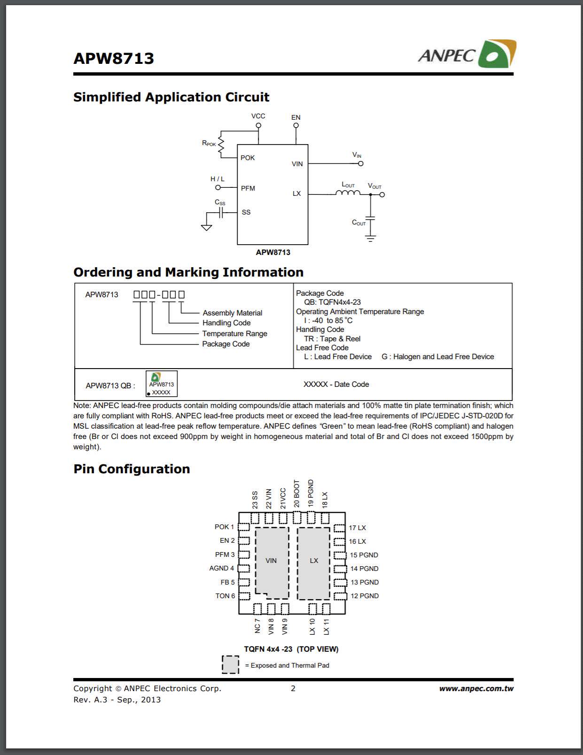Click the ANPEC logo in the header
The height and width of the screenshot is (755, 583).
pos(466,54)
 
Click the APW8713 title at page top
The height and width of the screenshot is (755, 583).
pos(114,58)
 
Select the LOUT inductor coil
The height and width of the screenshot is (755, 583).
pos(348,193)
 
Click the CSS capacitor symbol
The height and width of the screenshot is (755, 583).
pos(221,213)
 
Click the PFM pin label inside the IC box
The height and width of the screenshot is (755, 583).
pos(248,188)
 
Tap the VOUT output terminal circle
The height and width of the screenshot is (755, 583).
pos(382,194)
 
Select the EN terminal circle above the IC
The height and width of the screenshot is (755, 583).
pos(296,125)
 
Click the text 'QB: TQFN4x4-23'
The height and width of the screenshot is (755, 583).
pos(332,302)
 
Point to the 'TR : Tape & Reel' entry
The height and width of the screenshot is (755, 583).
pos(332,339)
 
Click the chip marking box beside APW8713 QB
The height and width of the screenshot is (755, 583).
pos(161,384)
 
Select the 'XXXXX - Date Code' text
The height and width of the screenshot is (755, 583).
pos(336,384)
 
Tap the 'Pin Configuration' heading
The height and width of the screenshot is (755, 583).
pos(132,469)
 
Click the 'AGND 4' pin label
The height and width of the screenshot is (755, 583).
pos(221,568)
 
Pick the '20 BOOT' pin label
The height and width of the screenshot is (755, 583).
pos(296,493)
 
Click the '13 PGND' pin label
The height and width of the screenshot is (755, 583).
pos(364,582)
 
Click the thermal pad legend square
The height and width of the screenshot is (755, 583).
pos(230,665)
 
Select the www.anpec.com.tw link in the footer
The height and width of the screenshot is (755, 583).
pos(476,689)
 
